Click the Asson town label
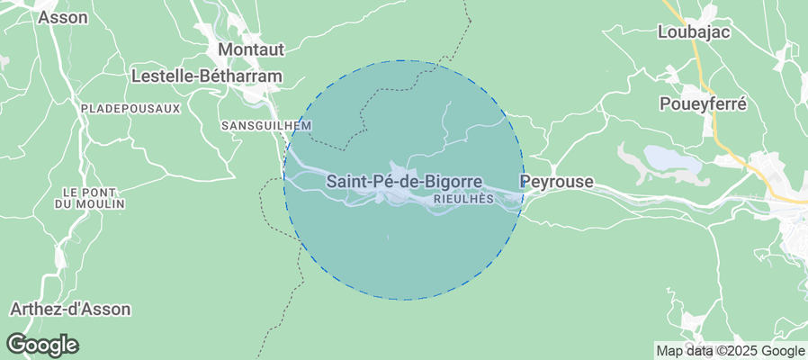pos(64,17)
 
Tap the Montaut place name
pos(251,49)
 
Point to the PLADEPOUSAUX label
pos(130,108)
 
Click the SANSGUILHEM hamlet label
pos(266,125)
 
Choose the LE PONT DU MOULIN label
pos(94,198)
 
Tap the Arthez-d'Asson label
pos(70,309)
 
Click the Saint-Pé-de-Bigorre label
pos(403,181)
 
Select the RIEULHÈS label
pos(464,199)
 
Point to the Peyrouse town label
pos(557,182)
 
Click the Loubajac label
pos(693,31)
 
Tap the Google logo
pos(42,344)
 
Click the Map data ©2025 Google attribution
pos(730,350)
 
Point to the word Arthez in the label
pos(35,309)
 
